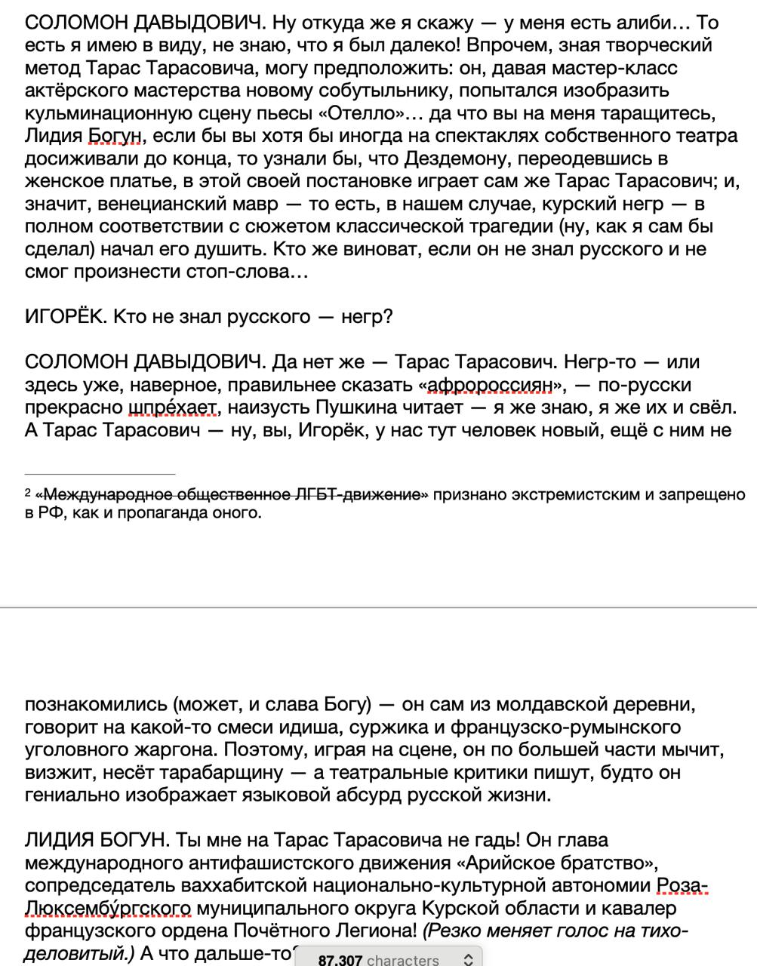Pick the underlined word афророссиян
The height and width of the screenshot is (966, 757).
pos(490,385)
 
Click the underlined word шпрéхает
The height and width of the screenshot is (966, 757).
pos(173,408)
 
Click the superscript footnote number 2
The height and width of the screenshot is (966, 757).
pos(28,492)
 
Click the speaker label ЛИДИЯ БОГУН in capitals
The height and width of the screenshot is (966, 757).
pos(90,840)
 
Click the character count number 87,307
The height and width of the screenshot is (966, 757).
pos(340,959)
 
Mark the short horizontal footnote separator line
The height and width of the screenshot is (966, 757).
pos(100,474)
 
